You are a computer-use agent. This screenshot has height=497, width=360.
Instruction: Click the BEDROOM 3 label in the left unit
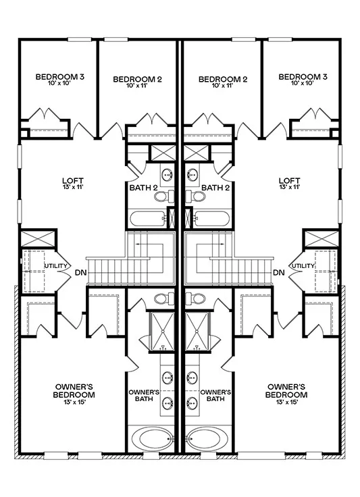[60, 77]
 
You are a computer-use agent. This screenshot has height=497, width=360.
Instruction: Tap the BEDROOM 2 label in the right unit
[223, 79]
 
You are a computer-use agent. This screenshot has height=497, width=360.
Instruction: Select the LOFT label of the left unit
[73, 181]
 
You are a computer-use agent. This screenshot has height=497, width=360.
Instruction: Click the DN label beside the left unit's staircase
[80, 272]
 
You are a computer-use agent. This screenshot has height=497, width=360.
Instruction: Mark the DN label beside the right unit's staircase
[279, 272]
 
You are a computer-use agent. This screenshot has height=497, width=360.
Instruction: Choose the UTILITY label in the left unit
[55, 265]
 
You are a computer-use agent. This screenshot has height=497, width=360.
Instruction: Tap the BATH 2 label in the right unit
[215, 188]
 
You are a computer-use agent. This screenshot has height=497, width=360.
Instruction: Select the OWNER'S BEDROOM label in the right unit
[286, 391]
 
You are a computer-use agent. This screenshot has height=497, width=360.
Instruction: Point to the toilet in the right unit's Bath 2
[195, 197]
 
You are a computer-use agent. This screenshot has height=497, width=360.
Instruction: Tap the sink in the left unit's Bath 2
[167, 174]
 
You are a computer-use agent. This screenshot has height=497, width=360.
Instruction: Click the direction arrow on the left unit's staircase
[149, 244]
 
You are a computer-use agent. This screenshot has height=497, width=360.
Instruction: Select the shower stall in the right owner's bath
[197, 332]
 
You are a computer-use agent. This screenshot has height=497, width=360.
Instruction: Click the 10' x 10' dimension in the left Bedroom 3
[60, 83]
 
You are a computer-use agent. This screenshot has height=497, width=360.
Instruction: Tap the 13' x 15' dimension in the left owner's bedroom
[74, 402]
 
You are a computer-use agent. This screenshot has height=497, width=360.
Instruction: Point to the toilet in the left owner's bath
[164, 298]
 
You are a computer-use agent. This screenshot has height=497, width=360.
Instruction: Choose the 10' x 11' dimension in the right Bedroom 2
[223, 85]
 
